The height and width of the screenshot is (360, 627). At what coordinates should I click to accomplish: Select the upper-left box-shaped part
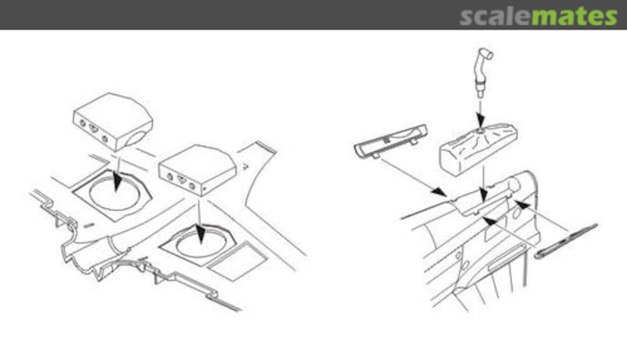coord(113,121)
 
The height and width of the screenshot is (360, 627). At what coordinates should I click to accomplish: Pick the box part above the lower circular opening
coord(197,170)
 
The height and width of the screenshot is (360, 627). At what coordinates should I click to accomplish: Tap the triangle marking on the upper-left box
coord(93,129)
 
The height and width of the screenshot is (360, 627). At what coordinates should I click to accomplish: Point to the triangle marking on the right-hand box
coord(182,179)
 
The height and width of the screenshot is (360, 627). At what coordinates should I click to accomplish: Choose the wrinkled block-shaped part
coord(478,149)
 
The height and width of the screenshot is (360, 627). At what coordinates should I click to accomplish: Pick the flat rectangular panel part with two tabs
coord(390,142)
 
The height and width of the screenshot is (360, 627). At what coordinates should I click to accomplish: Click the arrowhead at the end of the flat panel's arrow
coord(439,192)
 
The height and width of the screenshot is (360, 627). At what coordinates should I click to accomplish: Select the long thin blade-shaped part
coord(566,241)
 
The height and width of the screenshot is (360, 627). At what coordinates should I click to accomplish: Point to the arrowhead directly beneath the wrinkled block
coord(484,195)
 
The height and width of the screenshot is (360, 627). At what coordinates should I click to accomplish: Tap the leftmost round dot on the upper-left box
coord(83,123)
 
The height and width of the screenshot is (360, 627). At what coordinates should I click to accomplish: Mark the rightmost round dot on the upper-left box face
coord(105,139)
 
